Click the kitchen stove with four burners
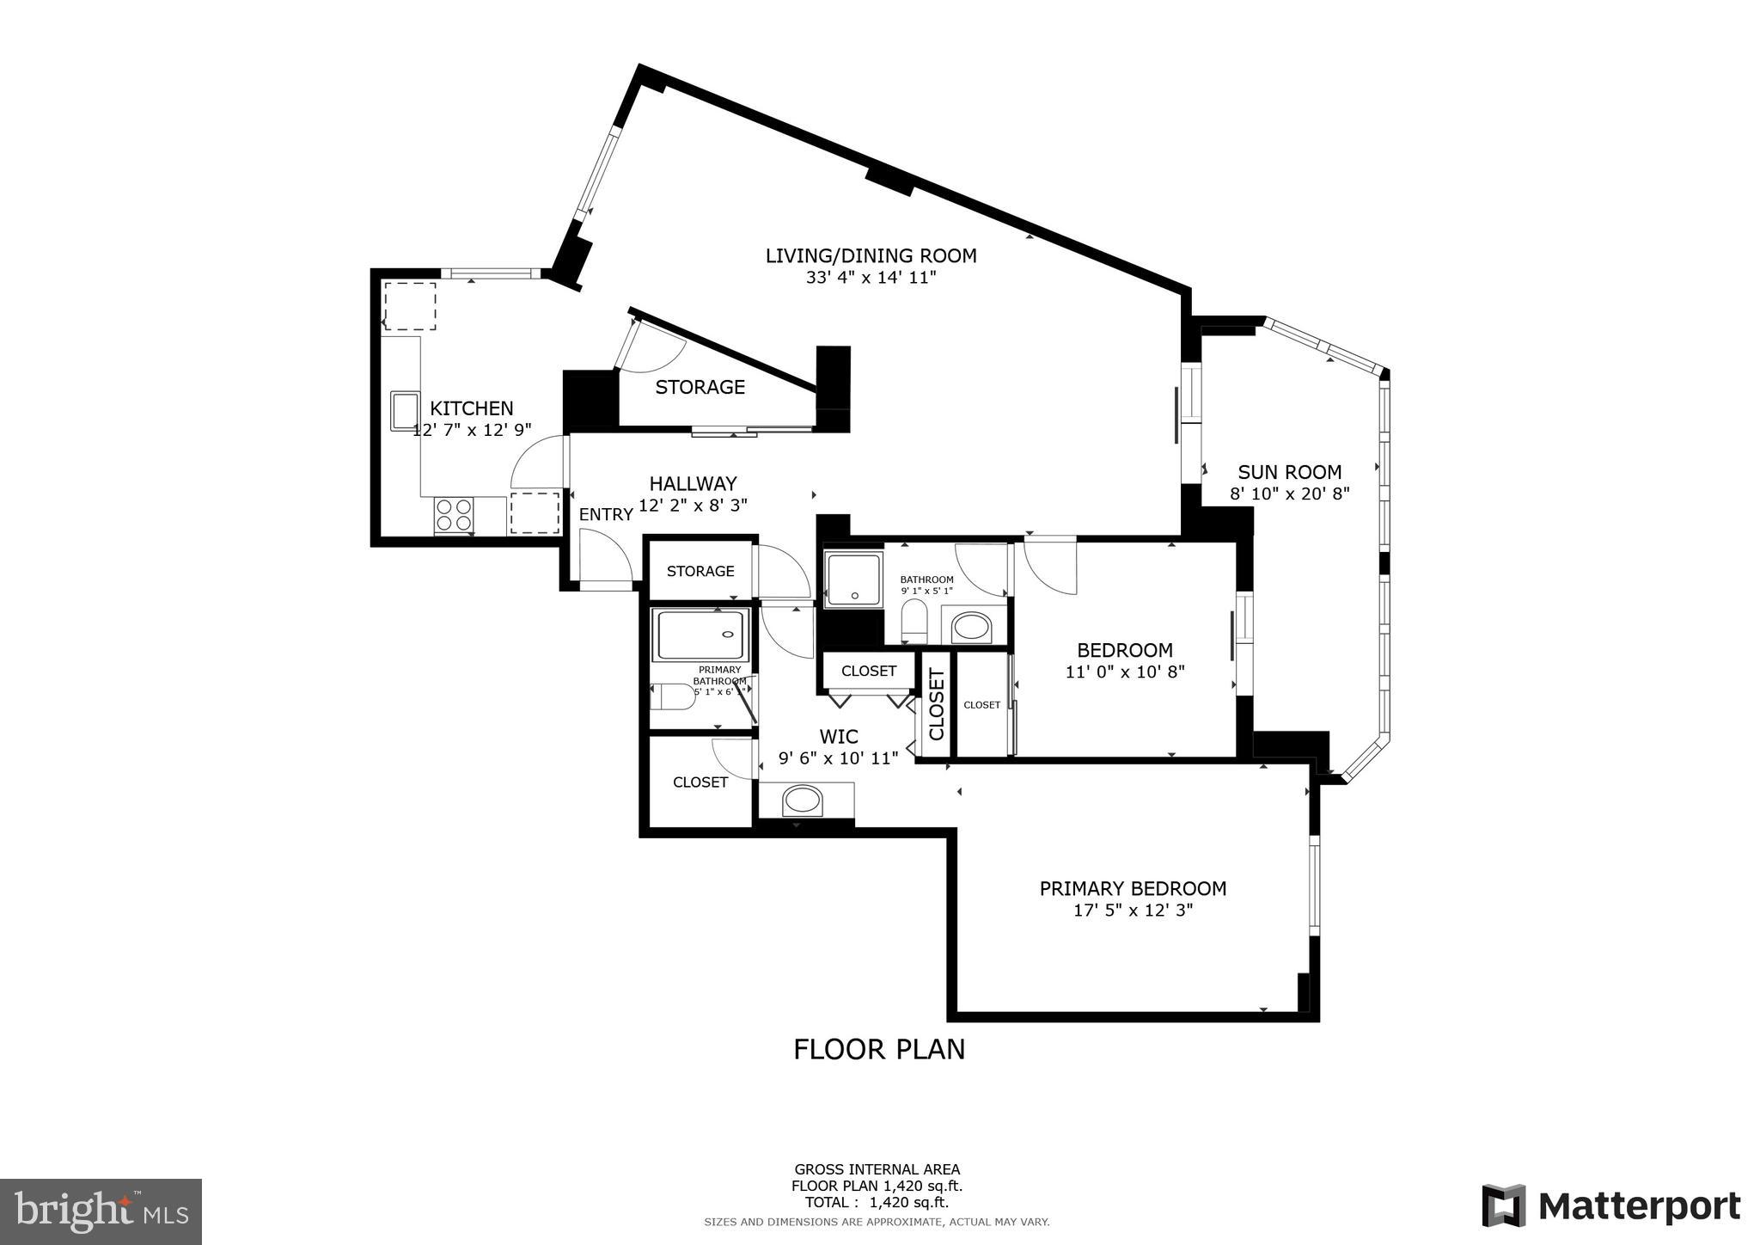(454, 514)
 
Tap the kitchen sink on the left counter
(403, 409)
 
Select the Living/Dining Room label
(871, 255)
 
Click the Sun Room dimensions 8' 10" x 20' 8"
(1289, 494)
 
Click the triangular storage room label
(700, 388)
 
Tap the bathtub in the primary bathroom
(700, 635)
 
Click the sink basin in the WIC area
(803, 801)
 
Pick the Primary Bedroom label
(1133, 888)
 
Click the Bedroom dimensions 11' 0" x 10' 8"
(1125, 672)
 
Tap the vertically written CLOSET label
(937, 704)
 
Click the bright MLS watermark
(101, 1211)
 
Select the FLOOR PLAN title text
(878, 1050)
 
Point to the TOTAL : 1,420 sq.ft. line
(877, 1202)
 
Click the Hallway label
(693, 483)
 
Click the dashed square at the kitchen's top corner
(410, 306)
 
